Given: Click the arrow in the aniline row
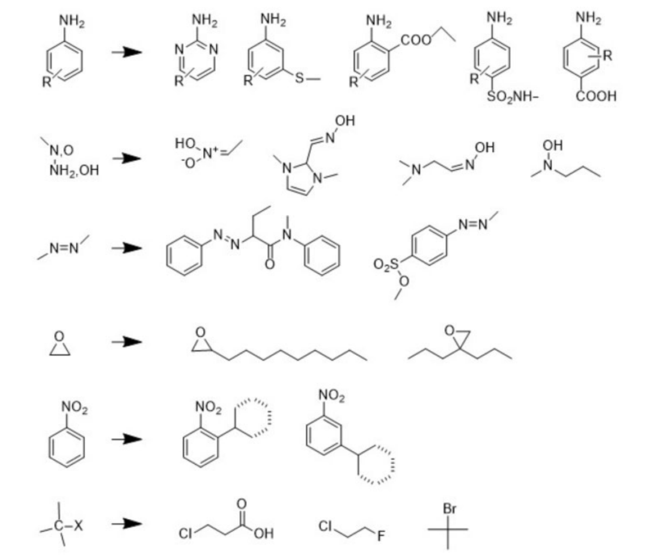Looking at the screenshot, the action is (x=127, y=53).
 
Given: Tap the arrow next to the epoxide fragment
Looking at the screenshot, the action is (x=127, y=342).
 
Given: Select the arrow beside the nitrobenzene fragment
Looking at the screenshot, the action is (x=127, y=439).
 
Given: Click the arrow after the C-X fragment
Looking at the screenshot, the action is (x=127, y=524).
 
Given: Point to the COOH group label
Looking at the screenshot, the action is (x=596, y=97).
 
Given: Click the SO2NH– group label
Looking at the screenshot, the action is (x=511, y=97).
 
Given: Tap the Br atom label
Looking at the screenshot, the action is (x=449, y=510).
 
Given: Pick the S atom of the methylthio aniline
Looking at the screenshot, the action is (x=299, y=79).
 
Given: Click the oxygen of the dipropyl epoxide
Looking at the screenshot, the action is (x=449, y=330).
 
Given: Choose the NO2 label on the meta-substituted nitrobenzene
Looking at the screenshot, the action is (x=331, y=396).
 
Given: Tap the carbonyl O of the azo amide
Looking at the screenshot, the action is (x=269, y=264).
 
